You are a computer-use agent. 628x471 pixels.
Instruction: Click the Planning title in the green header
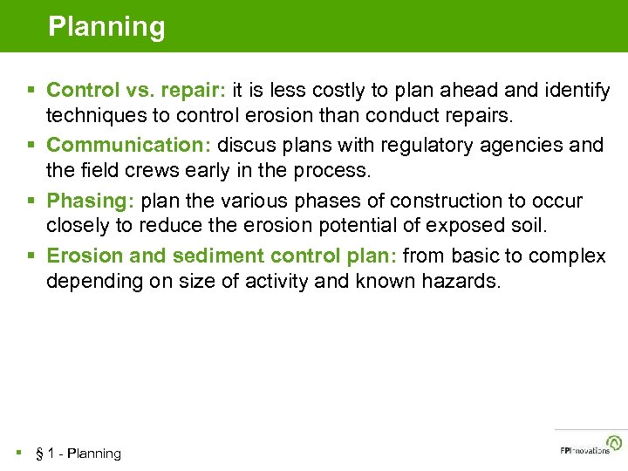click(x=106, y=27)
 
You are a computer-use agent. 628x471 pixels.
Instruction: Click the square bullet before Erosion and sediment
click(x=31, y=256)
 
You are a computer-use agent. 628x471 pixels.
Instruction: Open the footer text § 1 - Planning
click(x=78, y=454)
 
